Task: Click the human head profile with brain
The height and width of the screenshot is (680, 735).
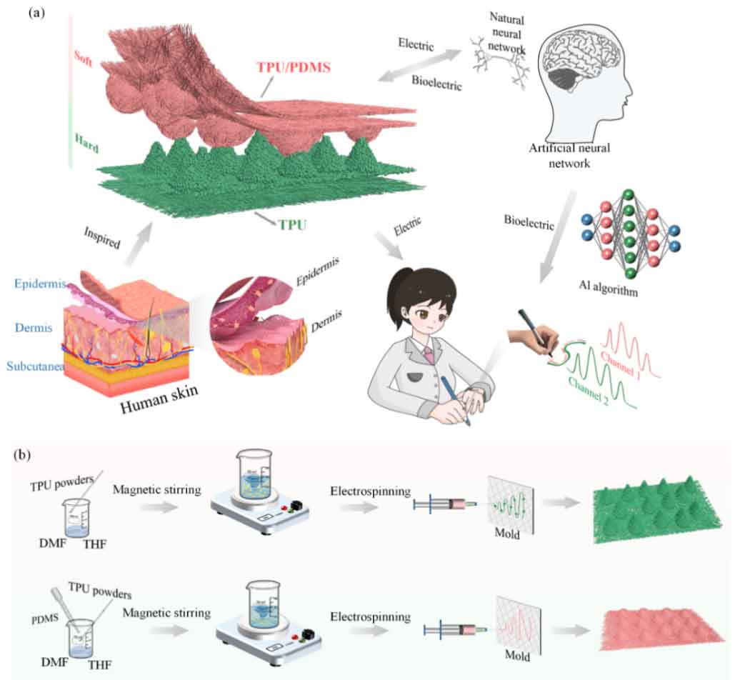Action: (x=586, y=79)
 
